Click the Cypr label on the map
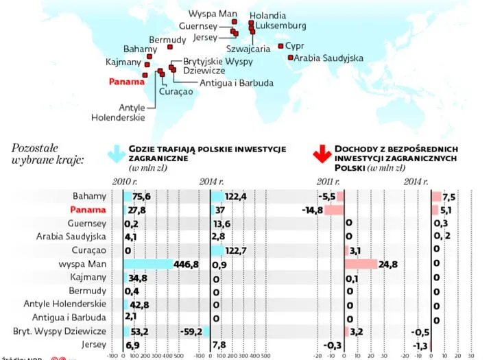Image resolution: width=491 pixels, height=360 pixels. [x=295, y=46]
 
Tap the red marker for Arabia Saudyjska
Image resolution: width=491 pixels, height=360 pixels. [x=289, y=58]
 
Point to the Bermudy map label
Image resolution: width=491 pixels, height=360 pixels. [x=167, y=40]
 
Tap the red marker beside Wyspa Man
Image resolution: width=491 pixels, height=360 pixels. [x=235, y=22]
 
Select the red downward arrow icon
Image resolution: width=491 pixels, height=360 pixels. [x=320, y=155]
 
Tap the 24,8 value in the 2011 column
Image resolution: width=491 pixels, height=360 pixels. [x=388, y=264]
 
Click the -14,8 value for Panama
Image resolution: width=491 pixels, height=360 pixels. [x=312, y=210]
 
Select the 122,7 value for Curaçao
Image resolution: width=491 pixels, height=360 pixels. [x=235, y=250]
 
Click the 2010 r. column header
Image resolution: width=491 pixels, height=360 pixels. [x=123, y=182]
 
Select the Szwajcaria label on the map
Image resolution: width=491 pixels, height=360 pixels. [x=248, y=49]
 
